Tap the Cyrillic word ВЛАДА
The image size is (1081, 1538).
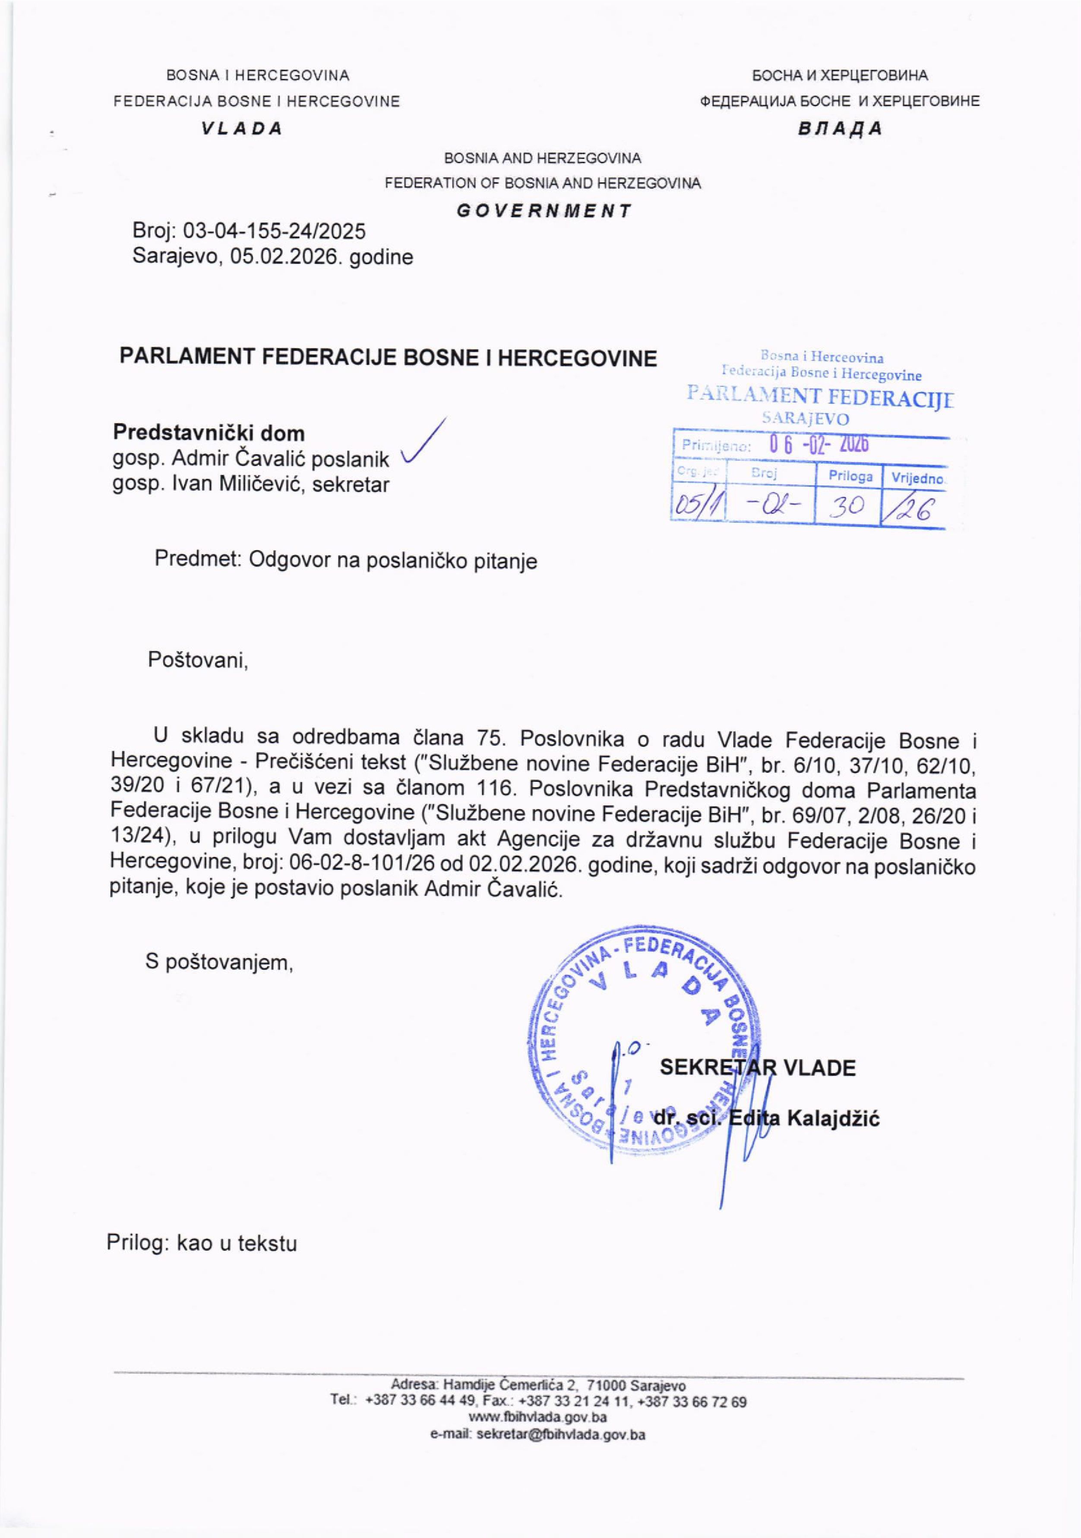[840, 129]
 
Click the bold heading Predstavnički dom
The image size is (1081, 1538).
[209, 433]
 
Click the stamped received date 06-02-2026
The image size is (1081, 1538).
[819, 445]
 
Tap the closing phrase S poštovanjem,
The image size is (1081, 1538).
[220, 963]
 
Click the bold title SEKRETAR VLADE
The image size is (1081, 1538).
[758, 1067]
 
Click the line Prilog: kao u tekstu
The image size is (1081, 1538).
[202, 1243]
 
